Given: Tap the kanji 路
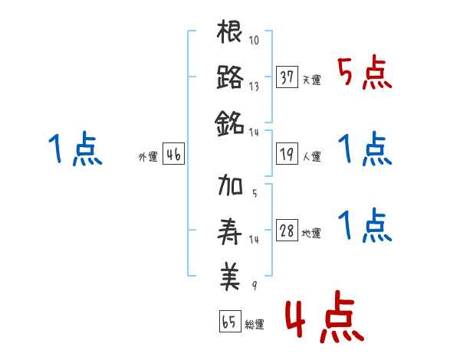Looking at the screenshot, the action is [x=230, y=77].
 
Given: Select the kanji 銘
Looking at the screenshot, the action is [x=230, y=122].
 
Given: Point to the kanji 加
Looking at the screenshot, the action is [x=230, y=186].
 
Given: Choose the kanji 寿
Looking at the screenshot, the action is [x=230, y=230].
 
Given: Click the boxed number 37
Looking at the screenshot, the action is [x=287, y=78].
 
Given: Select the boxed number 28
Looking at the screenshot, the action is [x=287, y=231].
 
